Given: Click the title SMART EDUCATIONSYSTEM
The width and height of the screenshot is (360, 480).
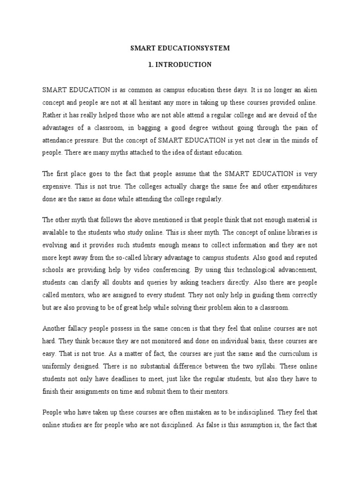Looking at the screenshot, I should click(x=180, y=48).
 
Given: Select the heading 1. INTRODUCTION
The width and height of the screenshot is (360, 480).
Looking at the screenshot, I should click(x=180, y=65).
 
